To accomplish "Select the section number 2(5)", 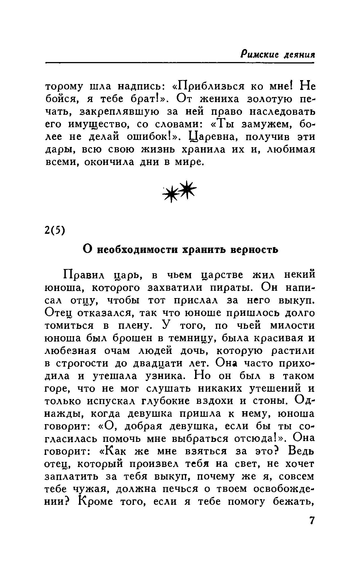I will [x=55, y=230].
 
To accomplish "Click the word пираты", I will [x=230, y=288].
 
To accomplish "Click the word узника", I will [x=167, y=376].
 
